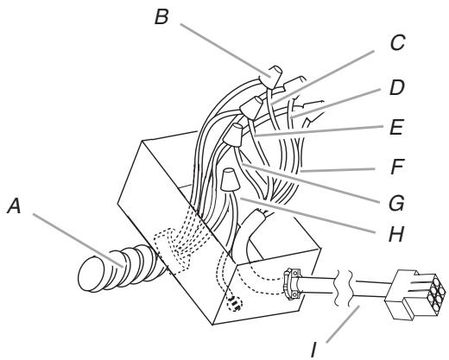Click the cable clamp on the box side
coord(291,282)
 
